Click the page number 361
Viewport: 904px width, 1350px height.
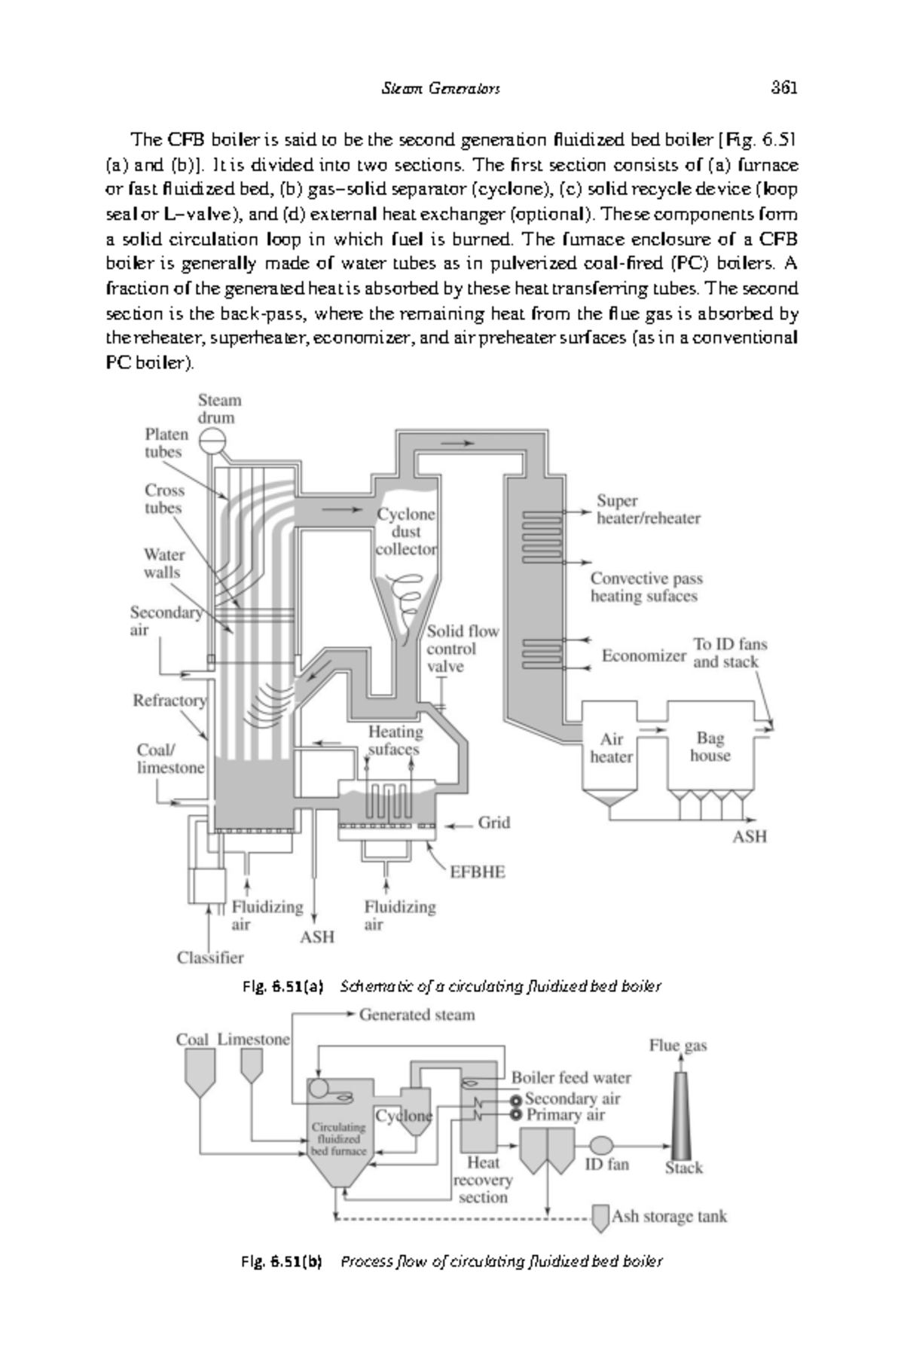tap(783, 87)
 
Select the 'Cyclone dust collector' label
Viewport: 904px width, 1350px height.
tap(406, 532)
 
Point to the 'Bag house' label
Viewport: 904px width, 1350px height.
tap(710, 747)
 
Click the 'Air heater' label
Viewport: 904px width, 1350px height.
tap(611, 748)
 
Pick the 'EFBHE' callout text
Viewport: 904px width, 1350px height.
tap(478, 872)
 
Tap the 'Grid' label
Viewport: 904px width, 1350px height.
tap(494, 823)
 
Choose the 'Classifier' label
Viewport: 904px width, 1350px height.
tap(210, 958)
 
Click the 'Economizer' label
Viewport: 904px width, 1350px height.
tap(643, 656)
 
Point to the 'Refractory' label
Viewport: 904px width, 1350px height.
tap(169, 701)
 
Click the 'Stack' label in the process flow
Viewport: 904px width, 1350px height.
tap(683, 1168)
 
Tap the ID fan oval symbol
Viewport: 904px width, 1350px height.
tap(601, 1145)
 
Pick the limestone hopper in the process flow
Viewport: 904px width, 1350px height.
tap(251, 1065)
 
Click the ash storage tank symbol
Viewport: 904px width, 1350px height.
tap(600, 1217)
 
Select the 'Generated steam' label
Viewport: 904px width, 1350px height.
tap(417, 1015)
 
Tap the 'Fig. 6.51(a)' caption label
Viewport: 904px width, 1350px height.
tap(282, 986)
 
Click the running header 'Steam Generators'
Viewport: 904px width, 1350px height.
tap(441, 88)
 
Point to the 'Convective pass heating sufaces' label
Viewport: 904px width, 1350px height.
tap(646, 588)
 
